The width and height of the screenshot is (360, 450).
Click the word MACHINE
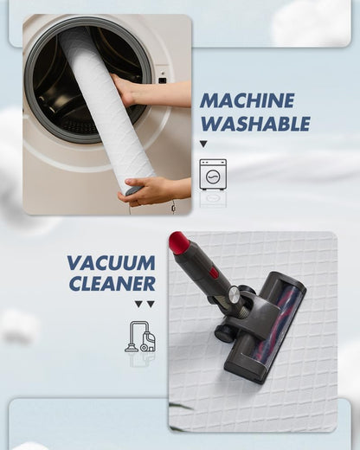[x=247, y=100]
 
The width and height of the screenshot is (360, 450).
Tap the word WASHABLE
[x=255, y=124]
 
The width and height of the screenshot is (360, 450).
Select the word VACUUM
[x=112, y=263]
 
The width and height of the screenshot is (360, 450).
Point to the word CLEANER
[x=112, y=283]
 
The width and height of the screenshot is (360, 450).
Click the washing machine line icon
[x=213, y=175]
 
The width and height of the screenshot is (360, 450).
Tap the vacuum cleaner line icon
[x=140, y=337]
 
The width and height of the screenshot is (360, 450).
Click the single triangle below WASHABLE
[x=203, y=144]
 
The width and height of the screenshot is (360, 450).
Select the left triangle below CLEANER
[x=138, y=304]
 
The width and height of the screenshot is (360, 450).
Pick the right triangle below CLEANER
[x=151, y=304]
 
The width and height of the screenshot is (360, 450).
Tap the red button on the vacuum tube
[x=214, y=273]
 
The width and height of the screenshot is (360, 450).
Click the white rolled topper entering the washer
[x=106, y=109]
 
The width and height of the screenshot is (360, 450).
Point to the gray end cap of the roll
[x=133, y=190]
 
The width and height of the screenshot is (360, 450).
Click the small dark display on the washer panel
[x=163, y=80]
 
